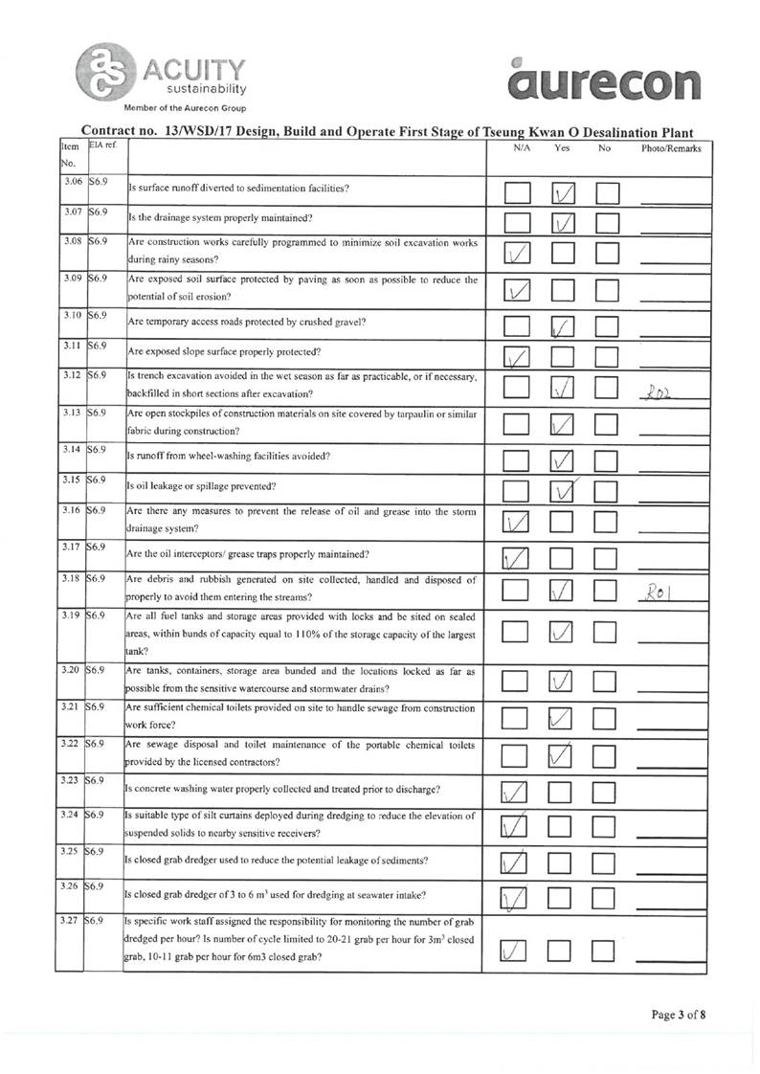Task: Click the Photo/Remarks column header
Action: click(671, 148)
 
